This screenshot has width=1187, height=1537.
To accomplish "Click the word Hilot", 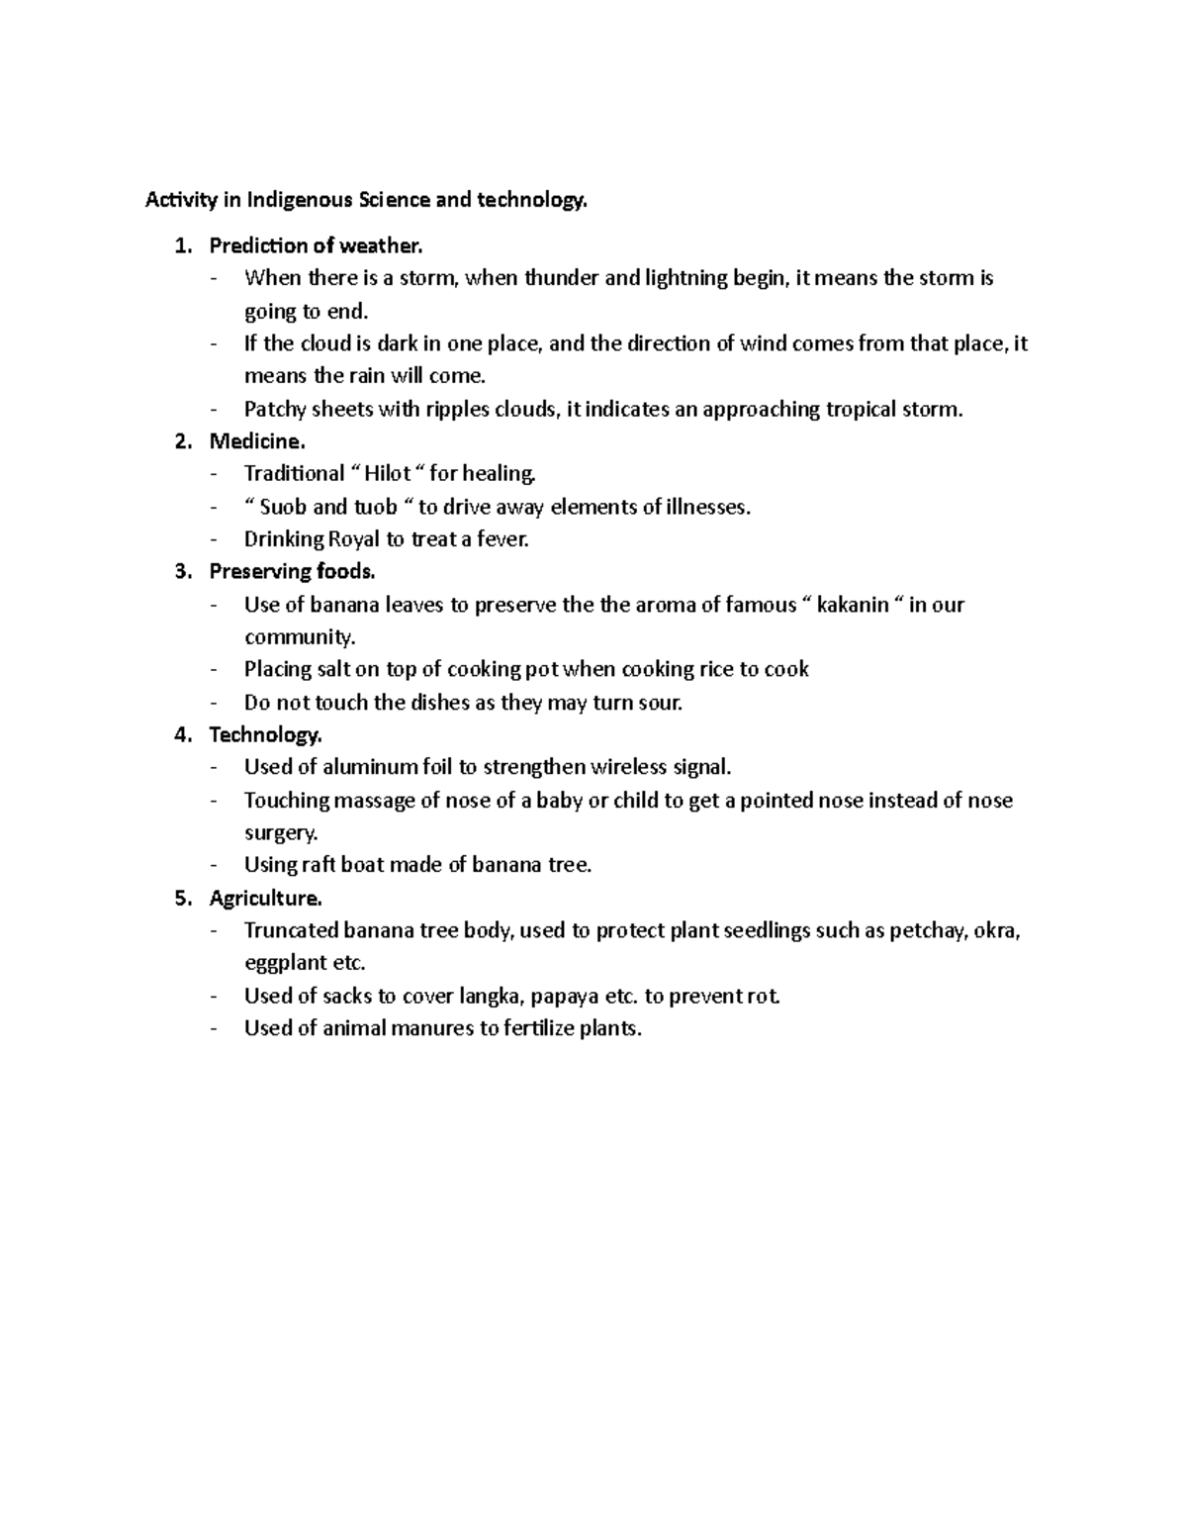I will point(388,474).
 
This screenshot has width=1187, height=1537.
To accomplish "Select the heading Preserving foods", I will point(292,571).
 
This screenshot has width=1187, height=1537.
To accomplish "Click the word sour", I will point(661,703).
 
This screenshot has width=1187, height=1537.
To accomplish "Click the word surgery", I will point(281,832).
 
